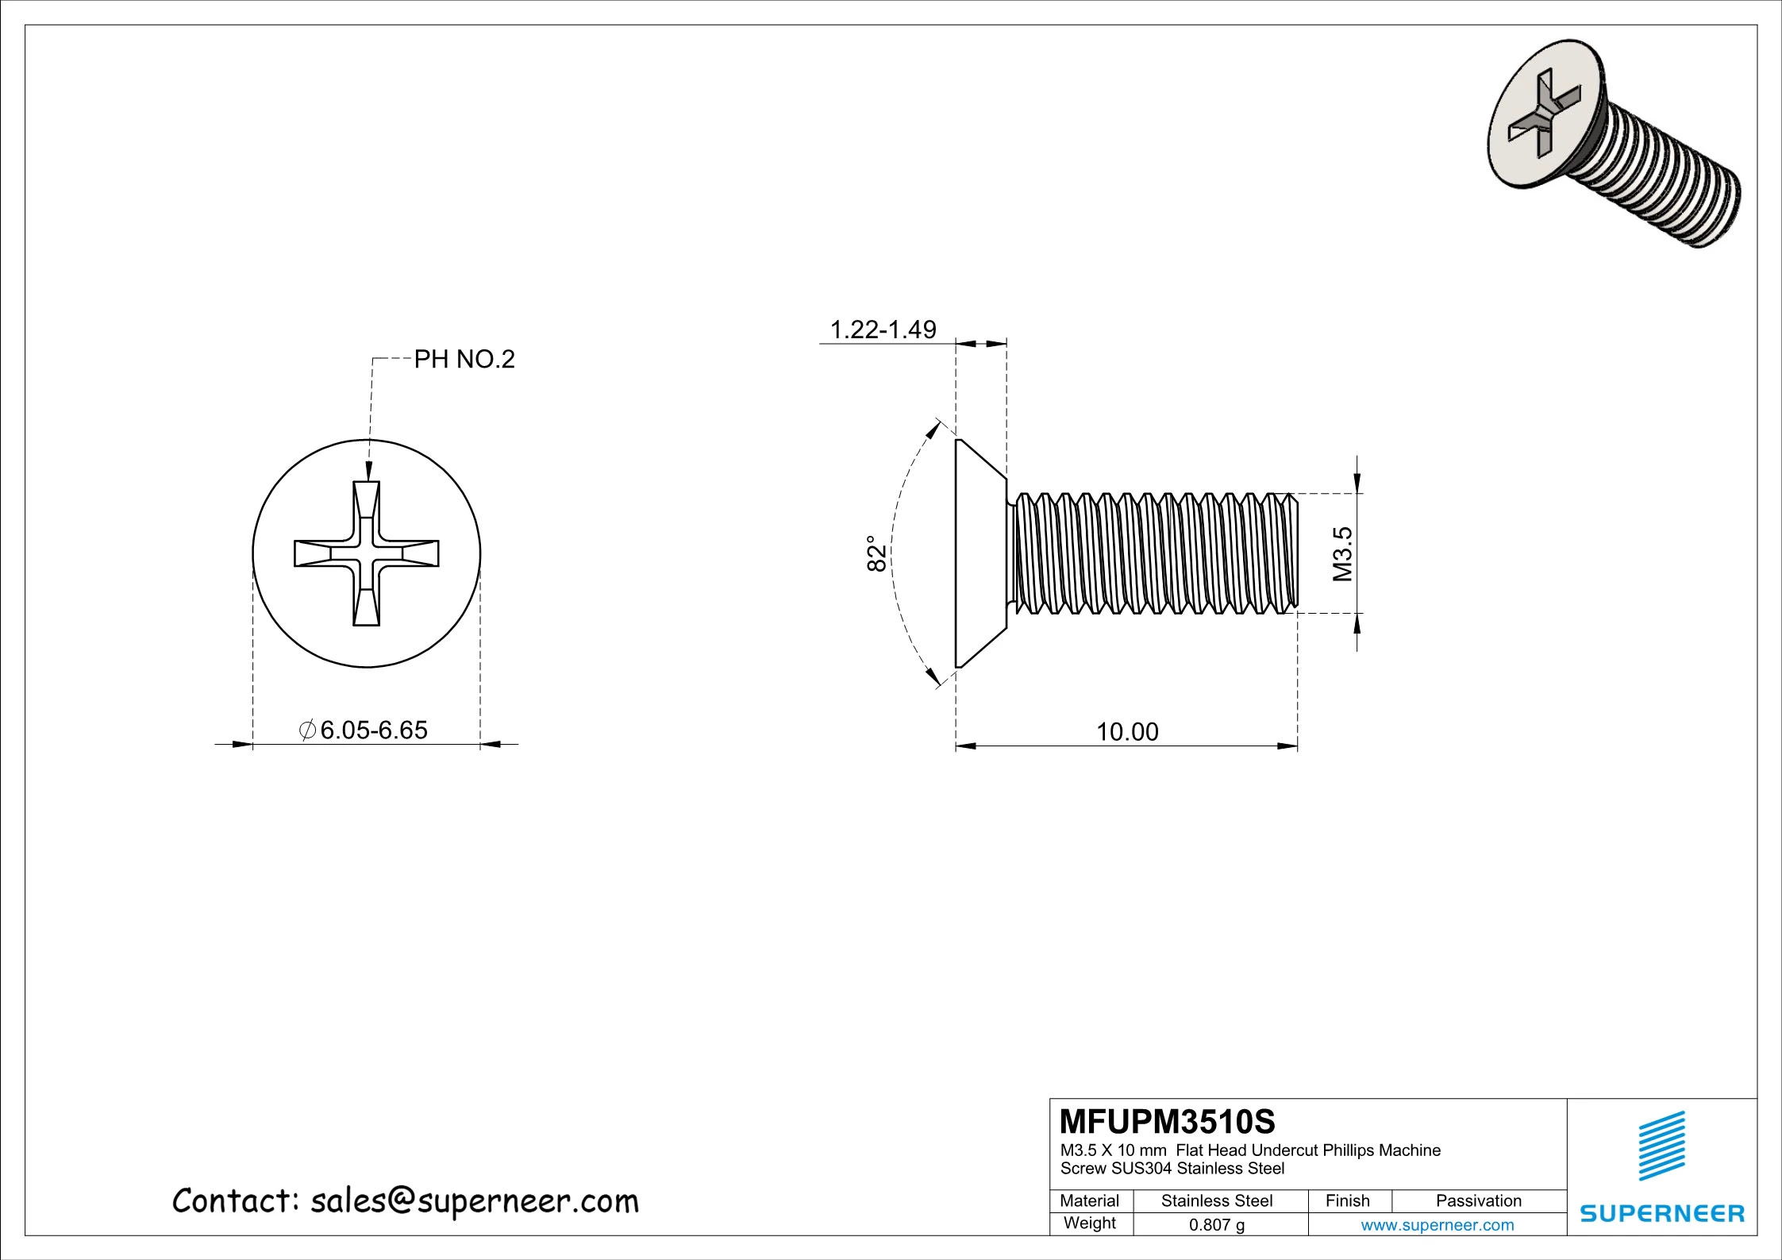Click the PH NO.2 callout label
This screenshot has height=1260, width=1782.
(x=464, y=360)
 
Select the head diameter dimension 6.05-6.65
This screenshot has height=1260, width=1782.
(x=373, y=730)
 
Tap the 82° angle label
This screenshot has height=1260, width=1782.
(x=875, y=553)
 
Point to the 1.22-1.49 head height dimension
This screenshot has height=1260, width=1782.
(x=883, y=329)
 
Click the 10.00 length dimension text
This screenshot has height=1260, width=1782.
(x=1127, y=732)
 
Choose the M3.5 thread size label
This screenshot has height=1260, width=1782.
(x=1341, y=553)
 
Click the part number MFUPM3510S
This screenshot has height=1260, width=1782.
(x=1168, y=1122)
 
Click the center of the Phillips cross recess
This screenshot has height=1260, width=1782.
(x=366, y=553)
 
